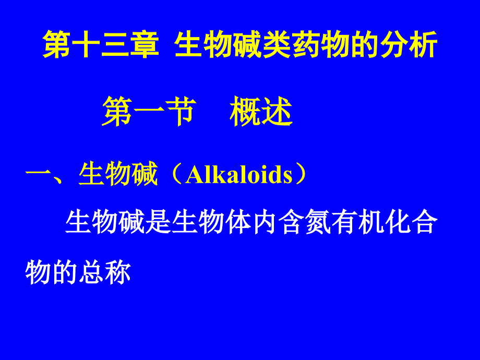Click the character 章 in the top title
point(145,45)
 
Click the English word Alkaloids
point(239,174)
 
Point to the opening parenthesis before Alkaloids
point(175,174)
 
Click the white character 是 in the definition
point(158,222)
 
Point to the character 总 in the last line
point(91,272)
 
